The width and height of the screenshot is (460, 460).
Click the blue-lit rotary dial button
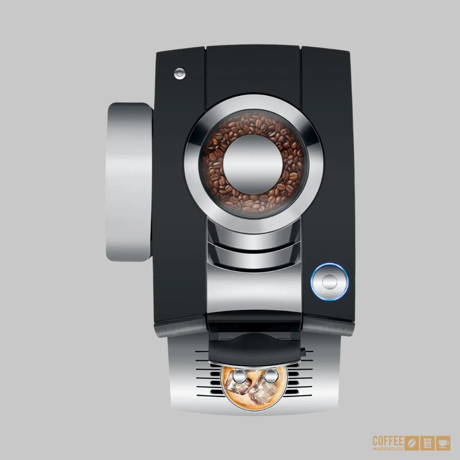coord(329,282)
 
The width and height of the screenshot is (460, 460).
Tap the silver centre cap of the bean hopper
coord(253,165)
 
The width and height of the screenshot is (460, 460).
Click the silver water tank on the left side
coord(129,182)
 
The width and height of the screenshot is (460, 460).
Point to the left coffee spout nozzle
coord(240,376)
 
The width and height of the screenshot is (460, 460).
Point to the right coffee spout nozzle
coord(271,376)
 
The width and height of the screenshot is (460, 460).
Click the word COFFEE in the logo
coord(388,441)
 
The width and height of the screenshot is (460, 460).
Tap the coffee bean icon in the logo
coord(412,443)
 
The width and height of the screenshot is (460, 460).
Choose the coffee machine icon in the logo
coord(427,443)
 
